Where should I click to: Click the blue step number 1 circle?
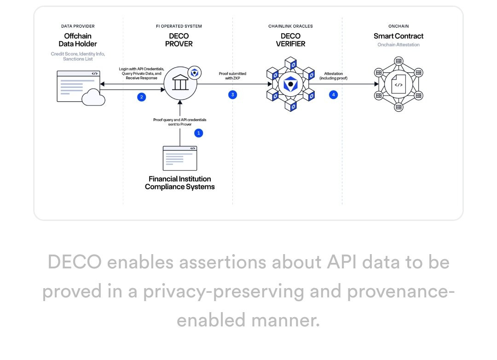point(199,133)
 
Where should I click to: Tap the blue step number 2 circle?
point(142,97)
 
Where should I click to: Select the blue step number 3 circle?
point(233,94)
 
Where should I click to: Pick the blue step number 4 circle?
point(334,94)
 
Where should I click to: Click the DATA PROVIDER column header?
point(78,26)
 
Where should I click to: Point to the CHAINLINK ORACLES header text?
point(291,26)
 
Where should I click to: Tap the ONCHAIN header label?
point(399,26)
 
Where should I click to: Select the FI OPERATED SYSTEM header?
point(179,26)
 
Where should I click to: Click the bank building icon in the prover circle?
point(180,82)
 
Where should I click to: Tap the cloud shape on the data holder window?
point(93,98)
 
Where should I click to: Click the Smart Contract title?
point(399,36)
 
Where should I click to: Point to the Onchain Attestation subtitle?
point(399,45)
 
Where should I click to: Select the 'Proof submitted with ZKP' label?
point(232,76)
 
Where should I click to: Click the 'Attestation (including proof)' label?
point(334,76)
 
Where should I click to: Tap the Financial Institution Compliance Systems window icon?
point(180,158)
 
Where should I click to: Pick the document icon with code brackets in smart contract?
point(399,84)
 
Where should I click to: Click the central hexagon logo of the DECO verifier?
point(291,84)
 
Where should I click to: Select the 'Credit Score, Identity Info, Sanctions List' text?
point(78,57)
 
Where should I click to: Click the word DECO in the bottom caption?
point(75,262)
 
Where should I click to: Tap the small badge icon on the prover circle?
point(195,73)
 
